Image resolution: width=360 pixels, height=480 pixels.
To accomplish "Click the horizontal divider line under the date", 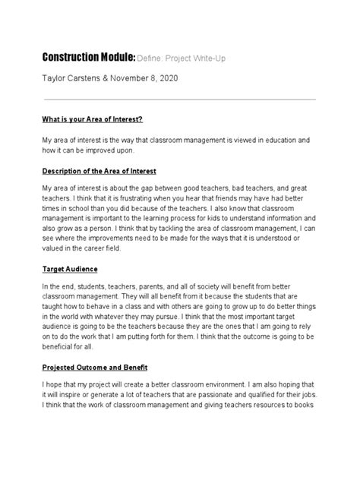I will [179, 99].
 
